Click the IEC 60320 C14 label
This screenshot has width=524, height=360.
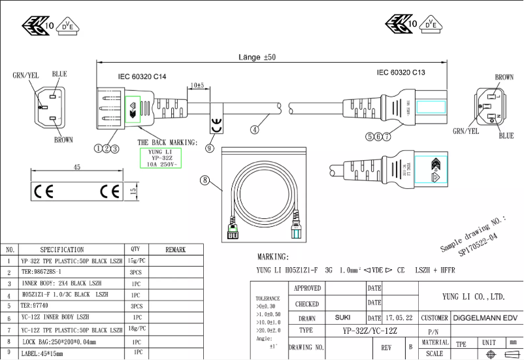[x=142, y=77]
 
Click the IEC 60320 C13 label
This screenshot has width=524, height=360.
[x=401, y=73]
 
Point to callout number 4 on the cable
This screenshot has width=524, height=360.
[x=255, y=129]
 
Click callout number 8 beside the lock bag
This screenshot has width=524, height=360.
[x=205, y=180]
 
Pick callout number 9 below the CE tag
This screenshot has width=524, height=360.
[x=209, y=148]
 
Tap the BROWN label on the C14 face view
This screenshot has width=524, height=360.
[x=63, y=140]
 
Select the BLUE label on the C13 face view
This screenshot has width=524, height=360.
[x=506, y=136]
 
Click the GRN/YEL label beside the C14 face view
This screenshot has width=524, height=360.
[x=26, y=75]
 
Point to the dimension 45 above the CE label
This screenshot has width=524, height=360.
[x=76, y=168]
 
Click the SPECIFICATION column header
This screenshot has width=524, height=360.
[x=62, y=250]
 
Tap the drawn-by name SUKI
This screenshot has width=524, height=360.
[x=342, y=318]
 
